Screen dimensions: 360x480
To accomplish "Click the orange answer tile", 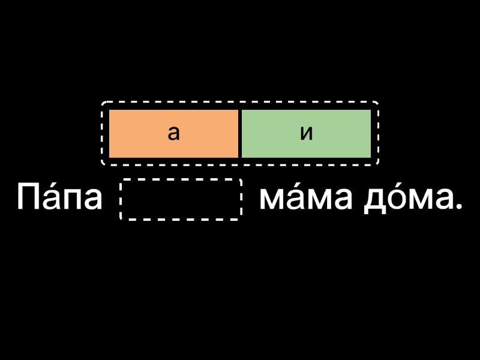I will click(173, 133).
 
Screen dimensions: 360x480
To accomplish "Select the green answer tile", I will click(306, 133).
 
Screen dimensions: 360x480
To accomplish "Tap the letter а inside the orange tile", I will click(173, 133).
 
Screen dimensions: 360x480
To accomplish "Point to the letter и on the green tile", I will click(307, 133).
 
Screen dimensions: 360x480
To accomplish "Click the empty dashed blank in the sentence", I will click(181, 199).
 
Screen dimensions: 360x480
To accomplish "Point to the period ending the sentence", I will click(459, 207).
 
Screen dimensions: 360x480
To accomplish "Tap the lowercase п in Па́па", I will click(73, 200).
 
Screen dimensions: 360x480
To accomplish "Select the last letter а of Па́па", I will click(93, 200).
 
